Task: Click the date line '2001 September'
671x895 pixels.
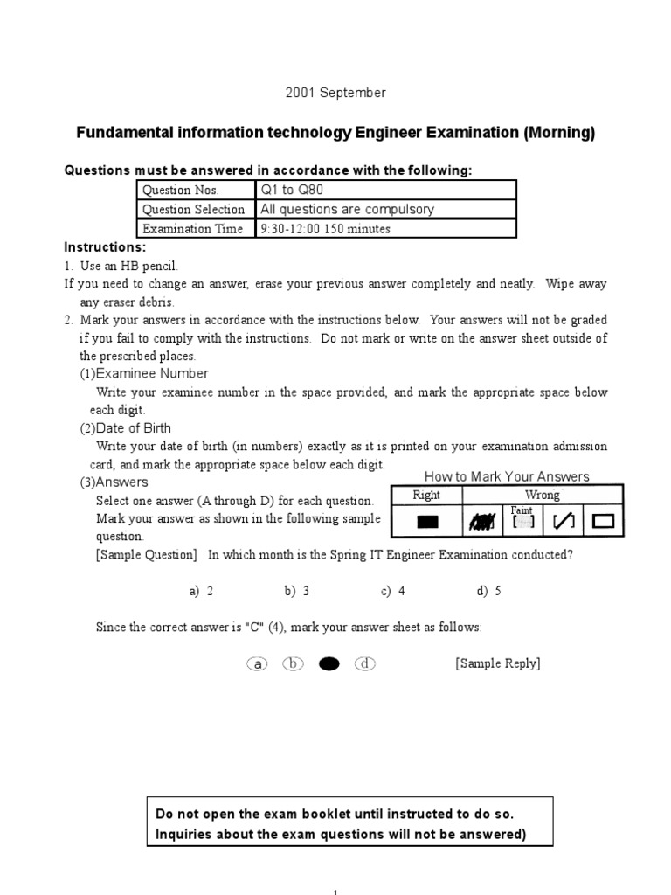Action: [335, 92]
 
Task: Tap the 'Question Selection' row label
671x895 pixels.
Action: [193, 210]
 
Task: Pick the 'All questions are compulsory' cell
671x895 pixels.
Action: [346, 210]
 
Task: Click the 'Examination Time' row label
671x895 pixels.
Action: [193, 229]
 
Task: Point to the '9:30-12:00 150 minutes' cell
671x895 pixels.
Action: [325, 229]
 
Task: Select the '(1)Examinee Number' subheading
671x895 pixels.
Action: [144, 373]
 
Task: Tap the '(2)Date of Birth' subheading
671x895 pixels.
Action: [126, 428]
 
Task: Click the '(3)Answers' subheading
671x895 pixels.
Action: [114, 482]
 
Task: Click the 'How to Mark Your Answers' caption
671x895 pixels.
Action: [507, 476]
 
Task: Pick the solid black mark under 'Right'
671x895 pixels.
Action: [427, 523]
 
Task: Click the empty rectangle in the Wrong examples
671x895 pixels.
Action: [603, 523]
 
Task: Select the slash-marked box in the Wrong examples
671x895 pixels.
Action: [564, 523]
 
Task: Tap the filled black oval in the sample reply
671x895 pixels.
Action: [329, 664]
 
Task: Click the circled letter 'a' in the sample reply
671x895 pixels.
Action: [257, 664]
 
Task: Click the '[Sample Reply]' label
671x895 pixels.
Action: [497, 663]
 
